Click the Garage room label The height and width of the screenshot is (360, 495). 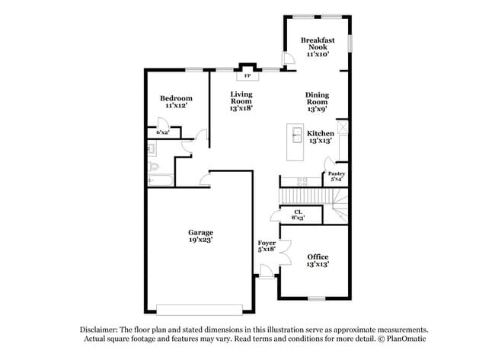201,232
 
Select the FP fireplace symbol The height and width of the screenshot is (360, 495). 247,76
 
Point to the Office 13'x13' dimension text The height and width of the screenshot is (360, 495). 318,265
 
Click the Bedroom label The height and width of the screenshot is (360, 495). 176,98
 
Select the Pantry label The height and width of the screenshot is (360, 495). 336,174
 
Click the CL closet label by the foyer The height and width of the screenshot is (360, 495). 298,211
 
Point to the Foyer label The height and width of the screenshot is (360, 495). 266,243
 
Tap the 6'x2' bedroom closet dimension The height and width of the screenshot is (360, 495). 163,132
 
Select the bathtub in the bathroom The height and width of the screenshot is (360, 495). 159,180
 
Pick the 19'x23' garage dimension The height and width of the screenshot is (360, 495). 201,240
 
